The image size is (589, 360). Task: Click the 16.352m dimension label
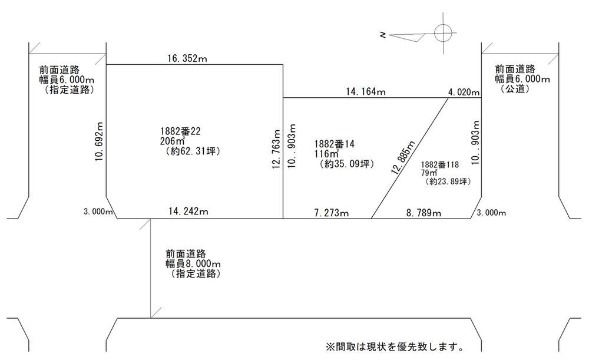click(187, 58)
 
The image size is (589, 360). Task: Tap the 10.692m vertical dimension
click(99, 141)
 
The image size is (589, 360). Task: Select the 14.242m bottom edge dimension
click(188, 211)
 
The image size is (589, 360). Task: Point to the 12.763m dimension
click(276, 149)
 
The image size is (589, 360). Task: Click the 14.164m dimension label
click(366, 92)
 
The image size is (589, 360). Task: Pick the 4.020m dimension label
click(464, 93)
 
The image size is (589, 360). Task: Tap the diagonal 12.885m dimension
click(403, 157)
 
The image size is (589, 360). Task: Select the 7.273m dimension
click(331, 213)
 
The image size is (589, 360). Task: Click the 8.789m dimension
click(423, 213)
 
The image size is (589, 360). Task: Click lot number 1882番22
click(180, 131)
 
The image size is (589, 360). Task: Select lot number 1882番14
click(335, 144)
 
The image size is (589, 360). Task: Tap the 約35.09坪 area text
click(347, 164)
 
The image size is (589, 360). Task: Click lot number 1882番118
click(439, 164)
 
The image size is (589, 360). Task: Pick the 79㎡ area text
click(429, 173)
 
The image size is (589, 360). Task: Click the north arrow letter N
click(383, 35)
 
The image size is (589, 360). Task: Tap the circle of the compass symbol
click(443, 32)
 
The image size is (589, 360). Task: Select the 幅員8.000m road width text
click(193, 263)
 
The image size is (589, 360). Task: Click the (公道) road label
click(515, 89)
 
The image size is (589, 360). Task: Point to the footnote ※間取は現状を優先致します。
click(395, 346)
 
